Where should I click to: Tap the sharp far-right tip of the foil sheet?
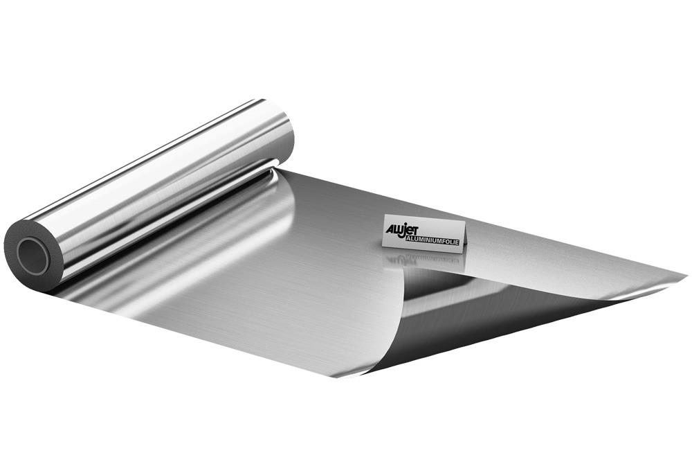coord(685,279)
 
